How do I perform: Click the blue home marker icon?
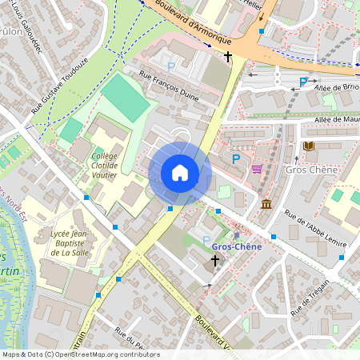click(x=180, y=173)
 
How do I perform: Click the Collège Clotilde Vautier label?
click(x=104, y=166)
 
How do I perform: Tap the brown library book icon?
click(x=309, y=146)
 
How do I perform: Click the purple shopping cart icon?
click(x=257, y=169)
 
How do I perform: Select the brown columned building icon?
click(x=266, y=206)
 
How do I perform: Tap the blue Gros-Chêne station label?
click(x=236, y=246)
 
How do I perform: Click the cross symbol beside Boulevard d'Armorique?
click(x=228, y=57)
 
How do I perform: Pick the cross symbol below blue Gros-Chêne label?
click(x=214, y=261)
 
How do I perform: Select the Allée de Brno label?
click(x=336, y=87)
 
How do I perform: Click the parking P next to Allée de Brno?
click(x=303, y=82)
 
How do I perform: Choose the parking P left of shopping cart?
click(x=235, y=159)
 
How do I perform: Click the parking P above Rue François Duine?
click(x=170, y=66)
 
